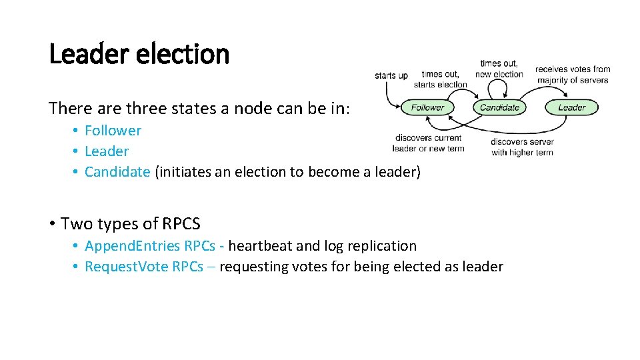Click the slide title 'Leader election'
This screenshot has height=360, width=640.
coord(139,54)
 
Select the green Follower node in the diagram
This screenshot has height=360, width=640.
coord(427,107)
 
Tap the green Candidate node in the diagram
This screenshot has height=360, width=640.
coord(499,107)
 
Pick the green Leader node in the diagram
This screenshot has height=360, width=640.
coord(571,107)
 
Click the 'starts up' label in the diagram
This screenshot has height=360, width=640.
coord(391,75)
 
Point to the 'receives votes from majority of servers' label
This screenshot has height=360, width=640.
coord(573,74)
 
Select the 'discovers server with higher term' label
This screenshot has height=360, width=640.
coord(522,147)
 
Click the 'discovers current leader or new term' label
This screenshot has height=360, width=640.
coord(428,143)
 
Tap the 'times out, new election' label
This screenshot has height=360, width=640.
coord(499,69)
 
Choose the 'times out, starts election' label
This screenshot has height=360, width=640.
coord(440,79)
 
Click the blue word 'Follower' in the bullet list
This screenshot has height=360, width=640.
coord(113,131)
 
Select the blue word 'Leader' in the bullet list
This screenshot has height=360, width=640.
coord(107,151)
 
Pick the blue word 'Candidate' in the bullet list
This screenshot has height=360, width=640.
coord(117,172)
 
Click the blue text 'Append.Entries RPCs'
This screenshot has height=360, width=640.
coord(150,246)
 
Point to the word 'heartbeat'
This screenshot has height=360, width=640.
coord(260,246)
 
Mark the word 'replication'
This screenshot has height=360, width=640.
coord(381,246)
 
